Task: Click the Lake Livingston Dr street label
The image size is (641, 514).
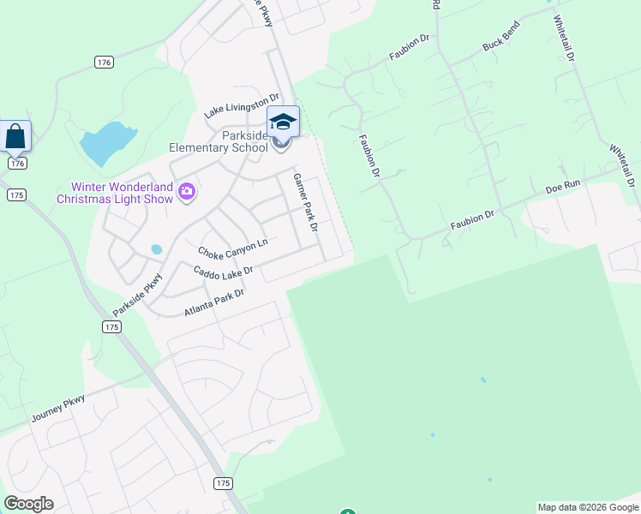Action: [x=242, y=106]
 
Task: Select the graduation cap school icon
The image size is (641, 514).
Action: [x=283, y=122]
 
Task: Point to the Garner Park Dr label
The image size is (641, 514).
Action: [x=306, y=204]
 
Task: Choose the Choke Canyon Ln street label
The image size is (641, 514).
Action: [x=232, y=249]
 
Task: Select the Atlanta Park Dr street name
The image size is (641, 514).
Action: [x=214, y=303]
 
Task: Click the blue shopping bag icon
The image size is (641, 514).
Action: [x=15, y=136]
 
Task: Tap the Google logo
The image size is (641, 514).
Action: [x=28, y=504]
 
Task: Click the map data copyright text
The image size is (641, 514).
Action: [x=588, y=507]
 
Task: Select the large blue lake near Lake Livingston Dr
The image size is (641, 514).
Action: [x=107, y=141]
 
